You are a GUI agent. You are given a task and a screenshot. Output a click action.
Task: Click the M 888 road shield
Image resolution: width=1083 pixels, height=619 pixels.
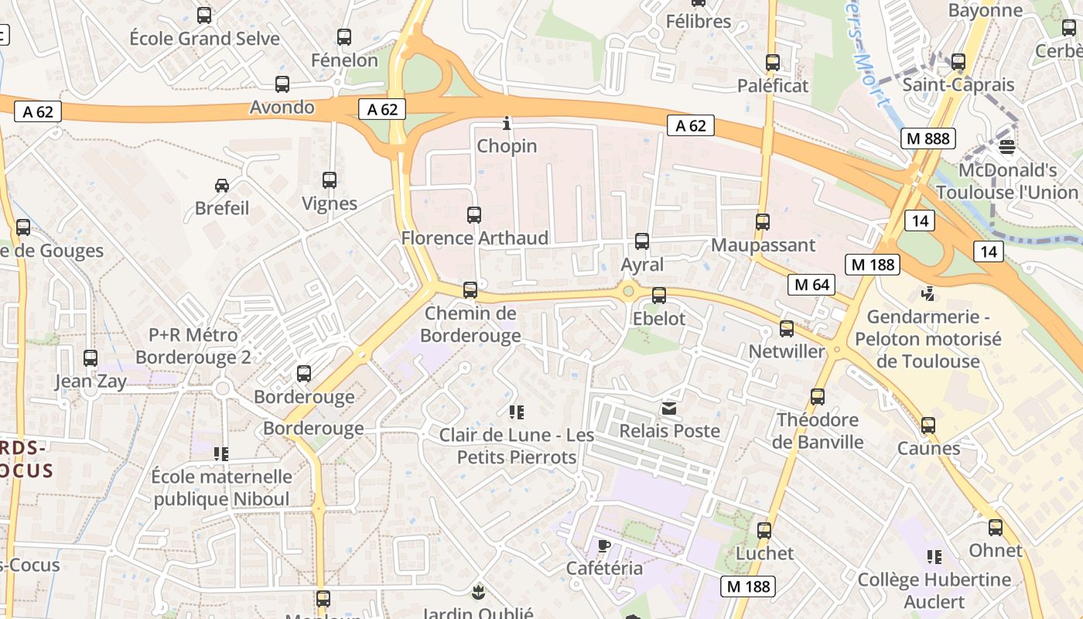click(928, 139)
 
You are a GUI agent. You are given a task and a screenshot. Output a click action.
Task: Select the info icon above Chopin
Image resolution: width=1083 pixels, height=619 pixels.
click(507, 123)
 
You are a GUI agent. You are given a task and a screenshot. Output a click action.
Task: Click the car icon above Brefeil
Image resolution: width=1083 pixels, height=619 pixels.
click(222, 186)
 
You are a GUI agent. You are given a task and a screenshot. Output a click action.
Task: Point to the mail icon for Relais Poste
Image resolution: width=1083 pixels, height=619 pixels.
click(669, 408)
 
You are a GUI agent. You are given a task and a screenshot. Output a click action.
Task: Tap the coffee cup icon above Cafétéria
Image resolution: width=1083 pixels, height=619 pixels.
click(604, 545)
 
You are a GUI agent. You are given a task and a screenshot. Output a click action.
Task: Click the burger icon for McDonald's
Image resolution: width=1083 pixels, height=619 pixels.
click(1006, 146)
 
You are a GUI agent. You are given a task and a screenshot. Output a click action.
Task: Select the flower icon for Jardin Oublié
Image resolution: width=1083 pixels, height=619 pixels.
click(477, 593)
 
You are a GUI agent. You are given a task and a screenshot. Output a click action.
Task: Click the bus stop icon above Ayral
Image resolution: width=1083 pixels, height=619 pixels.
click(642, 241)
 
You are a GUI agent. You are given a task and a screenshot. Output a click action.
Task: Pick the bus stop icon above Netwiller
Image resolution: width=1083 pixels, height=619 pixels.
click(787, 329)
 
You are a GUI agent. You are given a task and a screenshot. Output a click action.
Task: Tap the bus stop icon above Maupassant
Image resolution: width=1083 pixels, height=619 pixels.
click(763, 222)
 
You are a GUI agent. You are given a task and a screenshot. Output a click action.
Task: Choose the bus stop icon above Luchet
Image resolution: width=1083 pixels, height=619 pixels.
click(764, 531)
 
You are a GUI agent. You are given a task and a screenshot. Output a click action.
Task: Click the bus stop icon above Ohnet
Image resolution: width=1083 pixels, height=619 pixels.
click(996, 528)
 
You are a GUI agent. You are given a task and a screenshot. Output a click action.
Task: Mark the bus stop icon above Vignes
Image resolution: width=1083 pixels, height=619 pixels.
click(330, 180)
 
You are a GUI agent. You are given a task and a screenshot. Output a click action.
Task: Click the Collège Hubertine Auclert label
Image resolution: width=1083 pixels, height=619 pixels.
click(934, 590)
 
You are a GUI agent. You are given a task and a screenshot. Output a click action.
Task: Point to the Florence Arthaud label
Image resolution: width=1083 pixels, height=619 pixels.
click(474, 238)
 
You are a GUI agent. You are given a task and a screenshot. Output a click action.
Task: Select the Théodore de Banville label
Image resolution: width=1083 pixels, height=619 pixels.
click(818, 431)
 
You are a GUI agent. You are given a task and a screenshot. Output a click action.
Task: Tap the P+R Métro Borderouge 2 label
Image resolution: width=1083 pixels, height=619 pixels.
click(193, 347)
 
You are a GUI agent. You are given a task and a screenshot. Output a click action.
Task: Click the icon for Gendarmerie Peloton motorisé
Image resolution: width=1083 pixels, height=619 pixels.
click(928, 294)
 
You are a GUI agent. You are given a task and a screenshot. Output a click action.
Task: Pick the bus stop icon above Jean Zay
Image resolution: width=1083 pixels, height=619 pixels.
click(91, 358)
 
